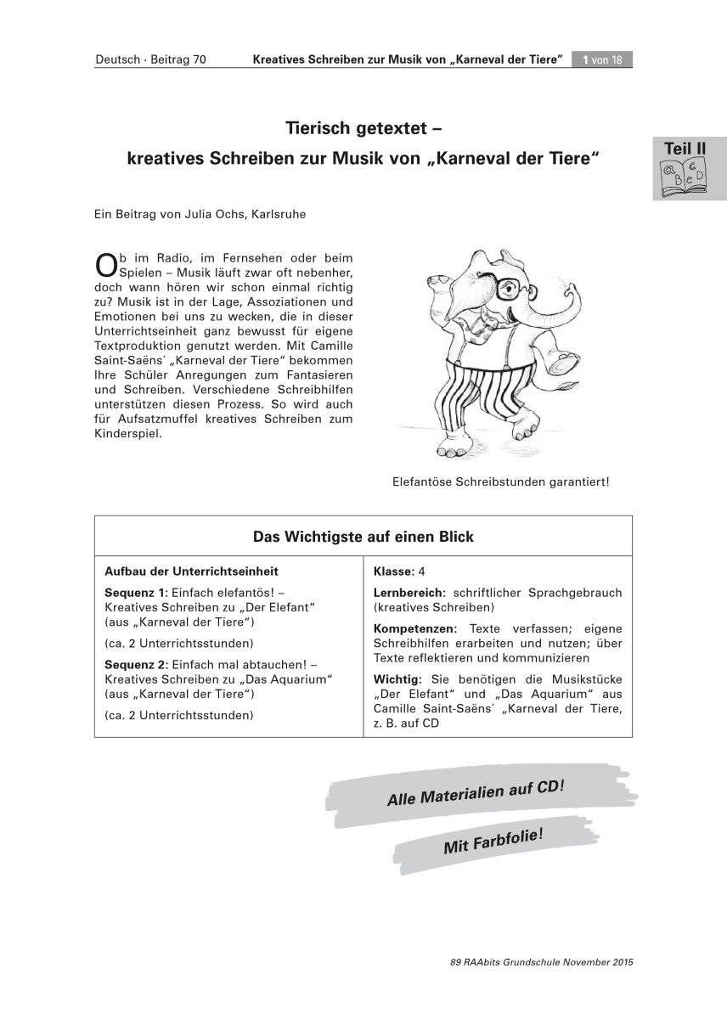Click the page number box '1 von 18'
coord(602,60)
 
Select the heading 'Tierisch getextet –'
coord(363,128)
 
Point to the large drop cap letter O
coord(104,266)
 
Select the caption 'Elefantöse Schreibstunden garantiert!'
coord(500,481)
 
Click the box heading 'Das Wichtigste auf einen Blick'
coord(363,537)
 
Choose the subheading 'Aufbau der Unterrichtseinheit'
coord(191,571)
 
